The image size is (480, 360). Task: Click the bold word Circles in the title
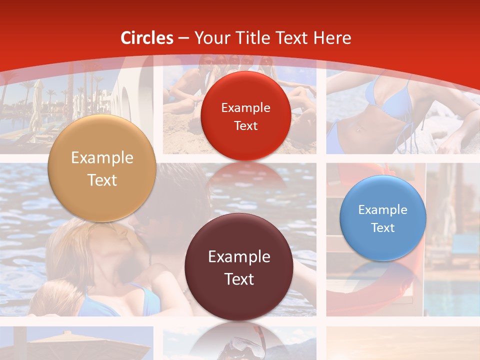147,38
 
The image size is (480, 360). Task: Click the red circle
245,116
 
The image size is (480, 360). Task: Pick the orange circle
102,168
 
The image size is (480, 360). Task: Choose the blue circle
383,218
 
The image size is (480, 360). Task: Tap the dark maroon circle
239,267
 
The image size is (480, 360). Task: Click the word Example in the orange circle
102,158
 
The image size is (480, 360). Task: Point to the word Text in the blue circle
383,228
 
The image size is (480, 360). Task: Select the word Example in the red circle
245,107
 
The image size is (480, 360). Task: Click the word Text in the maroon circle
239,279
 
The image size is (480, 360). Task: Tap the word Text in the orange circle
102,180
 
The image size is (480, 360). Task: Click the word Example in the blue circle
383,210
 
